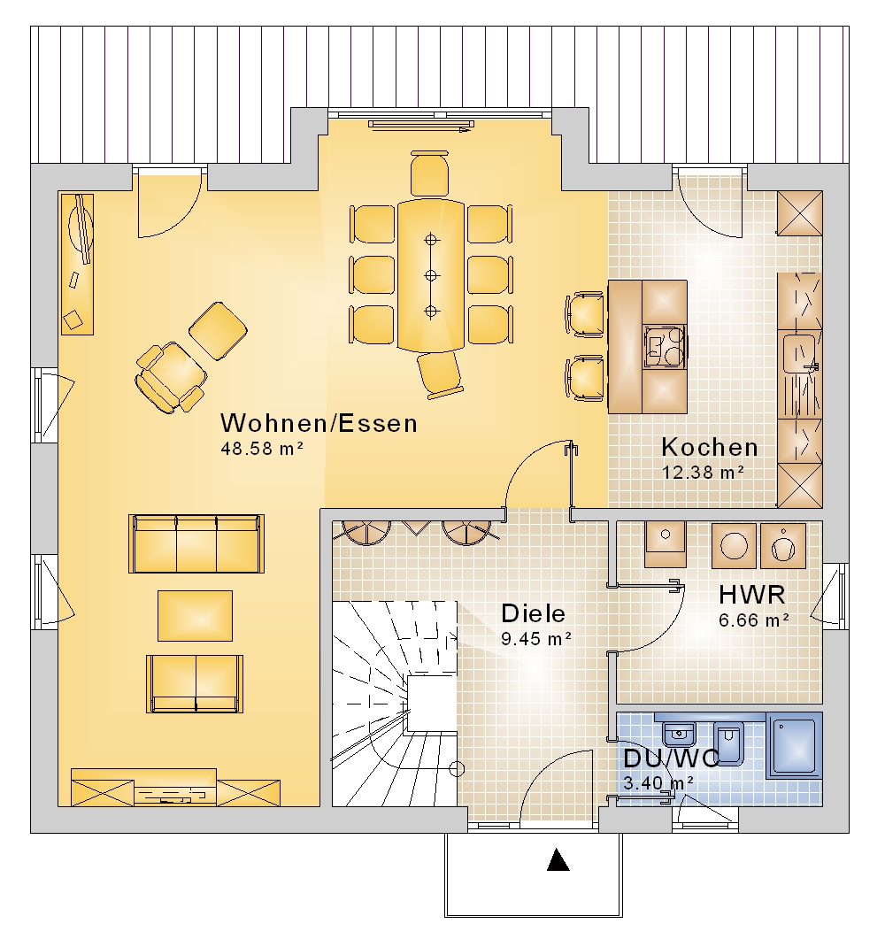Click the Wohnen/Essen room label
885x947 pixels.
pyautogui.click(x=319, y=423)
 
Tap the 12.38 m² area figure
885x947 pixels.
pyautogui.click(x=703, y=473)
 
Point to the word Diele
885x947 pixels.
pyautogui.click(x=534, y=613)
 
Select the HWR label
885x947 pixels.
pyautogui.click(x=752, y=595)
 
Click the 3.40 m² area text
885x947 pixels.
pyautogui.click(x=658, y=783)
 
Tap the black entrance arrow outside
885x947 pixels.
pyautogui.click(x=558, y=860)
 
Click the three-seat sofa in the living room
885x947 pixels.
pyautogui.click(x=196, y=543)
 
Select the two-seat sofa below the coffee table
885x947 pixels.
pyautogui.click(x=195, y=683)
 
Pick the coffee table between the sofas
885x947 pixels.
pyautogui.click(x=195, y=616)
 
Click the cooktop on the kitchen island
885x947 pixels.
pyautogui.click(x=665, y=347)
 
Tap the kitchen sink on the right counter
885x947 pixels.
pyautogui.click(x=799, y=352)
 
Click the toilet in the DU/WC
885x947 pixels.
pyautogui.click(x=729, y=743)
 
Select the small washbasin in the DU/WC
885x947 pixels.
pyautogui.click(x=680, y=734)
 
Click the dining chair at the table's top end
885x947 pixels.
pyautogui.click(x=429, y=173)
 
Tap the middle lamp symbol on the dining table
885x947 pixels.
pyautogui.click(x=431, y=275)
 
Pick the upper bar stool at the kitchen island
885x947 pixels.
pyautogui.click(x=585, y=313)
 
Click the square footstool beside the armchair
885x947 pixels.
pyautogui.click(x=218, y=331)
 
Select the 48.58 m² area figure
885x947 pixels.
pyautogui.click(x=262, y=449)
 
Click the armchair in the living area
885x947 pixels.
pyautogui.click(x=170, y=377)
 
